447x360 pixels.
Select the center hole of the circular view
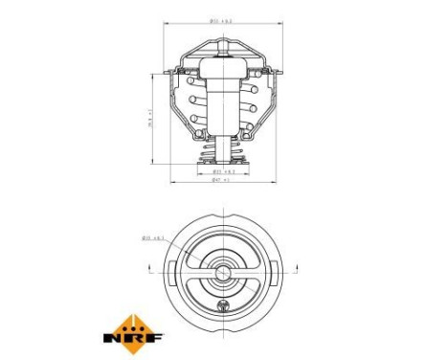pyautogui.click(x=223, y=274)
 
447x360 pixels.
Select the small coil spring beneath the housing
pyautogui.click(x=223, y=151)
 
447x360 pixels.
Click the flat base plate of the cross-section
pyautogui.click(x=223, y=165)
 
